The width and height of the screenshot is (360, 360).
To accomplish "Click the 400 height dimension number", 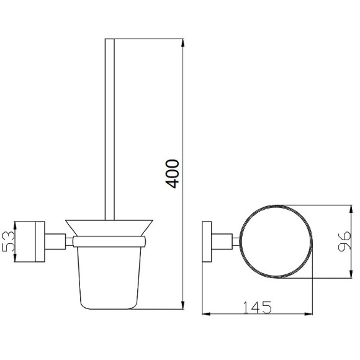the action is tap(172, 174).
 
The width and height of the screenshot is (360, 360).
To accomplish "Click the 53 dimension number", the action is tap(9, 241).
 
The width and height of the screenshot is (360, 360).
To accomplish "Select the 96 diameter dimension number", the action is tap(344, 241).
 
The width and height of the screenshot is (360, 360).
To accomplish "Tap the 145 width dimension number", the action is tap(257, 308).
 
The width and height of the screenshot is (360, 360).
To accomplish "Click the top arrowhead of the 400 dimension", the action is tap(182, 43).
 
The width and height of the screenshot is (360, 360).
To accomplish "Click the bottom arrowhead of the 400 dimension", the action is tap(182, 305).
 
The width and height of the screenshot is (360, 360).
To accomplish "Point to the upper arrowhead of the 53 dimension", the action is tap(15, 226).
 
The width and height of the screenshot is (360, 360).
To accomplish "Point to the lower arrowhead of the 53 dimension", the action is tap(15, 258).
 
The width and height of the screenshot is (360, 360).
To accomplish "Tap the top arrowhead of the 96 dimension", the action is tap(351, 209).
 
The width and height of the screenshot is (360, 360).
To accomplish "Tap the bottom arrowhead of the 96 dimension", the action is tap(351, 274).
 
